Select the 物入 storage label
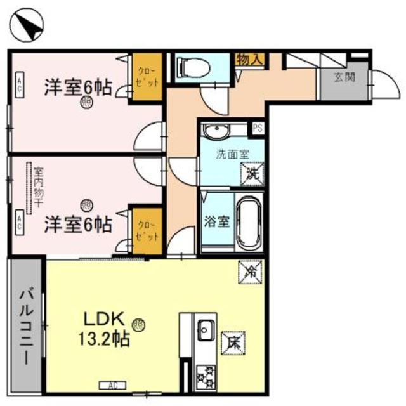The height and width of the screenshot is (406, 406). [x=250, y=59]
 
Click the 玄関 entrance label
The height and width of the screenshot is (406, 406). [x=344, y=78]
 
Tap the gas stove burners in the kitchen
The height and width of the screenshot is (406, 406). [x=205, y=377]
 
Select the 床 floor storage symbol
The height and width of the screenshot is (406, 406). [x=230, y=343]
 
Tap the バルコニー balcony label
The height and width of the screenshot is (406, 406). [x=26, y=327]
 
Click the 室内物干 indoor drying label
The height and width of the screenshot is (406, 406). [x=38, y=188]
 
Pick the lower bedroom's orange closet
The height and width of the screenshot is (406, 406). [x=147, y=230]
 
